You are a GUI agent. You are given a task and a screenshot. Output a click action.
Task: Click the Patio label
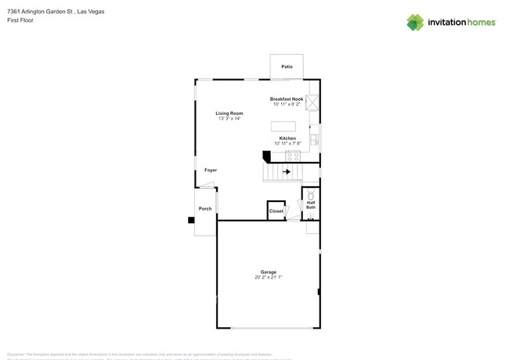click(287, 67)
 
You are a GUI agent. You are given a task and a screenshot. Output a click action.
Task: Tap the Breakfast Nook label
click(286, 99)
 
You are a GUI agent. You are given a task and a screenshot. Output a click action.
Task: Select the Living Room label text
click(229, 113)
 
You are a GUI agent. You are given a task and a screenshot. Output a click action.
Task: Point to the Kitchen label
click(287, 139)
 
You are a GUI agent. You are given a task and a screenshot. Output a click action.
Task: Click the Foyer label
click(211, 170)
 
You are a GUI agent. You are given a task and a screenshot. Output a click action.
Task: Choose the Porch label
click(205, 209)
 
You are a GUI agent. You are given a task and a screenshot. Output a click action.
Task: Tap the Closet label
click(276, 211)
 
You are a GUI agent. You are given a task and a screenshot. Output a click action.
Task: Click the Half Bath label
click(311, 204)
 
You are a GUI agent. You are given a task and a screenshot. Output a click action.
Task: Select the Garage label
click(269, 272)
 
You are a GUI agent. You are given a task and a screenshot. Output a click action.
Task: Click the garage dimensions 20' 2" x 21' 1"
click(269, 278)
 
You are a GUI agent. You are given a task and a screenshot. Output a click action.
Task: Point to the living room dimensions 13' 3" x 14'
click(229, 119)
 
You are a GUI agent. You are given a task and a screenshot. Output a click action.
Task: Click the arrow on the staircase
click(288, 171)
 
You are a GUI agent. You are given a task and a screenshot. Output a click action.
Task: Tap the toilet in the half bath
click(311, 193)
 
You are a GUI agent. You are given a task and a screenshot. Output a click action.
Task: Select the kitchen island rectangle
click(283, 126)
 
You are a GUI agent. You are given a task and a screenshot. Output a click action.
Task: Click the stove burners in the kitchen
click(293, 156)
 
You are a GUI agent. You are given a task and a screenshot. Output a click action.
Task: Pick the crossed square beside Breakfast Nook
click(312, 102)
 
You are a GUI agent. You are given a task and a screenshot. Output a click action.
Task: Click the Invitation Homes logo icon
click(415, 22)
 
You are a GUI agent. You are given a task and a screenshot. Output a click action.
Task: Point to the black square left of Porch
click(191, 220)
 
